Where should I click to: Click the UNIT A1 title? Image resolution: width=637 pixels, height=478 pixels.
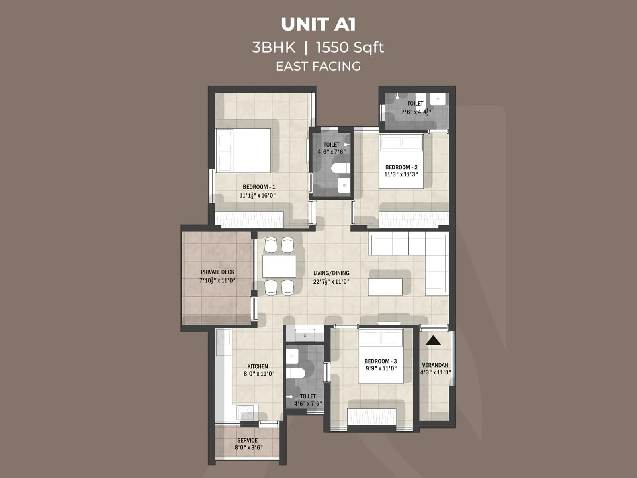point(318,24)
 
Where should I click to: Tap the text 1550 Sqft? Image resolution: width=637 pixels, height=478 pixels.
point(350,47)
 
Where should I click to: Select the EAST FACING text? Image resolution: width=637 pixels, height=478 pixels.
point(318,66)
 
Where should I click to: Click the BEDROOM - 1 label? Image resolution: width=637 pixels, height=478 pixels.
point(259,187)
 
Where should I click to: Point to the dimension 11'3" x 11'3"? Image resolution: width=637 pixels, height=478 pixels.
point(401,174)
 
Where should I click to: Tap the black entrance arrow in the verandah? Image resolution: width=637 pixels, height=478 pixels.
point(433,341)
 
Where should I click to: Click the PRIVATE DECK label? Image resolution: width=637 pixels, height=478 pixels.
point(217,272)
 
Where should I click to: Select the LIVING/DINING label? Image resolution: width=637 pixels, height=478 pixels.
point(331,273)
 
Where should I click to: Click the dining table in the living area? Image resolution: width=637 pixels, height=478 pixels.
point(279,266)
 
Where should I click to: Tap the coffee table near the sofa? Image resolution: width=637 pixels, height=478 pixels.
point(385,287)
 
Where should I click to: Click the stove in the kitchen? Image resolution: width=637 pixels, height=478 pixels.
point(245,413)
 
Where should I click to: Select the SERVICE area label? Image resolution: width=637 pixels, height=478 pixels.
point(247,440)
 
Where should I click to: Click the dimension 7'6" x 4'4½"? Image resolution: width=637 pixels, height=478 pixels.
point(416,112)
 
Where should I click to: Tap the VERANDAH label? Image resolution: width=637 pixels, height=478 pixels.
point(435,365)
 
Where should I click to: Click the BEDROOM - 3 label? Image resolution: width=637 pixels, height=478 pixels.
point(381,361)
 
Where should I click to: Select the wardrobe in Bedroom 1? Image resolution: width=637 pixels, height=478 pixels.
point(250,220)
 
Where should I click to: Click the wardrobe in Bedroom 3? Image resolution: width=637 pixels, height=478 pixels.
point(372,417)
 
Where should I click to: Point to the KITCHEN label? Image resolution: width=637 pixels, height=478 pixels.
point(258,366)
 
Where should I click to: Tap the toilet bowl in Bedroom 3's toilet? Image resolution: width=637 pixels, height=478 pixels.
point(295,373)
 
